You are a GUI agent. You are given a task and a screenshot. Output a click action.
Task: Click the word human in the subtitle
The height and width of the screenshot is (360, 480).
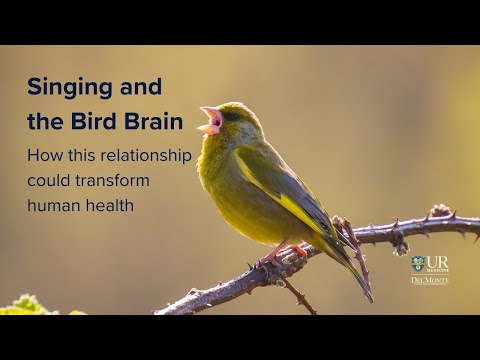(53, 205)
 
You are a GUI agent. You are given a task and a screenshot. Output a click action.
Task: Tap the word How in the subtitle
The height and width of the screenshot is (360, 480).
(43, 156)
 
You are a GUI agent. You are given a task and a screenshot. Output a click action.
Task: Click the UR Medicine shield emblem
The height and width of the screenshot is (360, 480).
(417, 264)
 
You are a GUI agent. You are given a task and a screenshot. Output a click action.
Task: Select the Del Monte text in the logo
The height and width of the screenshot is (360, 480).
(430, 280)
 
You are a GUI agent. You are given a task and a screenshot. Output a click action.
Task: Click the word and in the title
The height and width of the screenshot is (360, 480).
(141, 87)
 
